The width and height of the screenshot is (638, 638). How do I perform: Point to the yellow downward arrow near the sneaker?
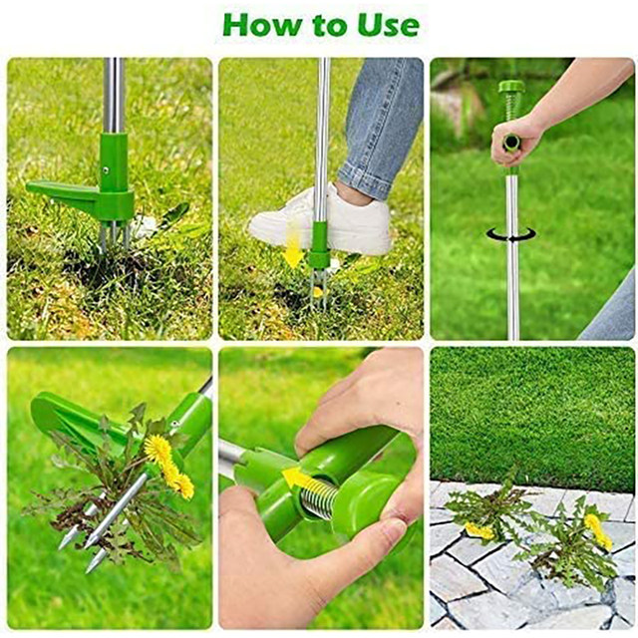(x=294, y=245)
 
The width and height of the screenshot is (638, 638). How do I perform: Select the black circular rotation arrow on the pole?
(x=511, y=234)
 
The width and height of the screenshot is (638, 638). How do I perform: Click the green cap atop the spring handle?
(x=511, y=86)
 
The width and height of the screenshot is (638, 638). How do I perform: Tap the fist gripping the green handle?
(x=513, y=141)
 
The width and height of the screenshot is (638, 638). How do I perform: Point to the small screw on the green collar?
(x=106, y=170)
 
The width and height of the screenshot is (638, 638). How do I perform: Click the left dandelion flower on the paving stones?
(x=479, y=530)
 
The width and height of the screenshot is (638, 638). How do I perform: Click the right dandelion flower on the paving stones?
(x=598, y=531)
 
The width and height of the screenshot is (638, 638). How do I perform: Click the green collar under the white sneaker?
(x=319, y=245)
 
